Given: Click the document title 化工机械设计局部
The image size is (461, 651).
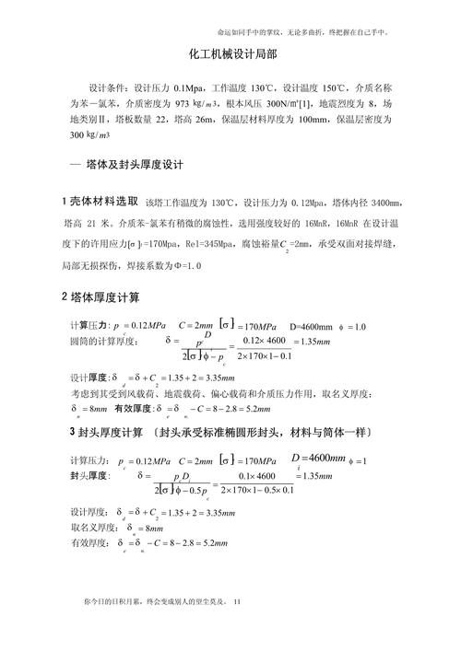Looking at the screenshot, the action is tap(230, 55).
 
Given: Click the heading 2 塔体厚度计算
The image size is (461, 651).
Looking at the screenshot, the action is tap(100, 297).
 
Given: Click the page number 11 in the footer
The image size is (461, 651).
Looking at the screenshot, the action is tap(237, 603).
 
